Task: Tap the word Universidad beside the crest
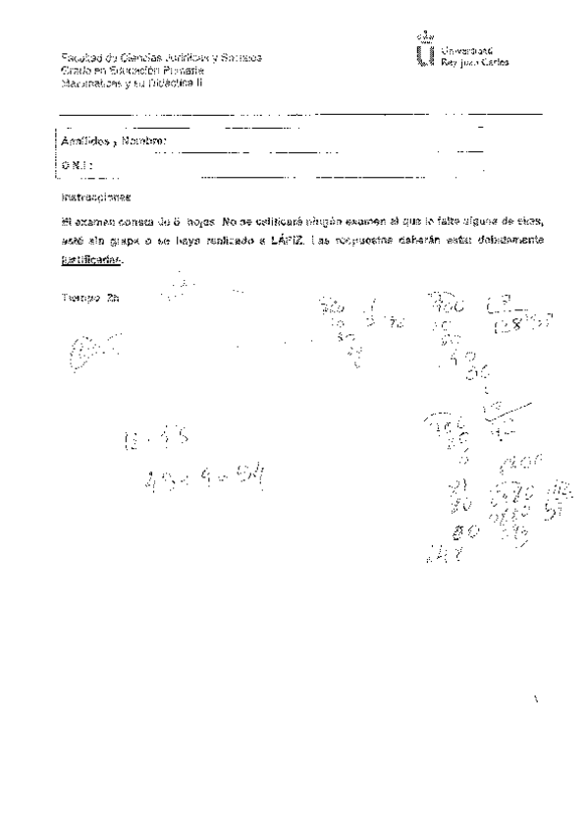coord(466,48)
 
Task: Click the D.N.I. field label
coord(73,166)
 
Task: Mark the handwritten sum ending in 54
coord(205,479)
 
